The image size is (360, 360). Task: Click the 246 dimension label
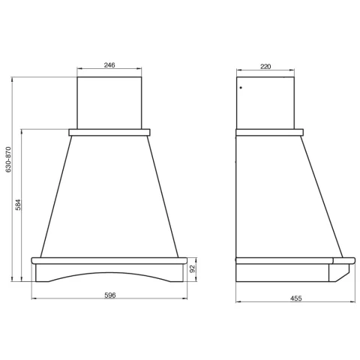(109, 65)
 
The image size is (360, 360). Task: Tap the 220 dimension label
(265, 67)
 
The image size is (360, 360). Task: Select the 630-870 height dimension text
(8, 160)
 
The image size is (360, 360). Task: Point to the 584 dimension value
(18, 205)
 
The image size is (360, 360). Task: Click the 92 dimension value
(192, 269)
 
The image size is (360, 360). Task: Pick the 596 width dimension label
(110, 295)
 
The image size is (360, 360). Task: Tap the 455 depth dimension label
(296, 298)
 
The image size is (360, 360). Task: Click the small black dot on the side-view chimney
(241, 88)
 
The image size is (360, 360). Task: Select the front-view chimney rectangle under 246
(109, 103)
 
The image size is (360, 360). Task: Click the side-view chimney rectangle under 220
(265, 103)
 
